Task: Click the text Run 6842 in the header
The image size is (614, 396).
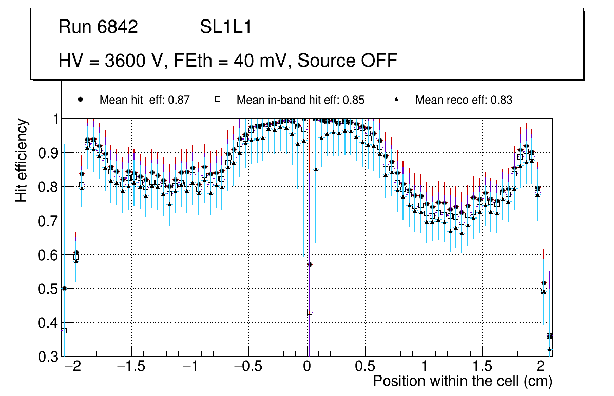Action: [x=98, y=27]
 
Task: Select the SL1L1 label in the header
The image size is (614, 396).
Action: [x=226, y=27]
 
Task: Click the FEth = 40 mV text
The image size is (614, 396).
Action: [x=232, y=61]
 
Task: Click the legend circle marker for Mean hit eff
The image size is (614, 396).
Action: [x=80, y=100]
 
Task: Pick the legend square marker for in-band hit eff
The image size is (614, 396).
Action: [x=217, y=100]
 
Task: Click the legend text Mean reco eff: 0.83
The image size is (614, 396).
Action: [x=464, y=100]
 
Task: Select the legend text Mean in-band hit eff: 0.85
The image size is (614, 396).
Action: [x=300, y=100]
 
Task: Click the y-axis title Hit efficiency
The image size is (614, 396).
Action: [x=22, y=160]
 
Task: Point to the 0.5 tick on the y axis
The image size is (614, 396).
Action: [x=50, y=289]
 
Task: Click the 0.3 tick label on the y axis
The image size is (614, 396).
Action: [x=50, y=357]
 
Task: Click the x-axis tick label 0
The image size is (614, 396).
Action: [x=307, y=367]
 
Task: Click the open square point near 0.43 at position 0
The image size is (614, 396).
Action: [x=310, y=312]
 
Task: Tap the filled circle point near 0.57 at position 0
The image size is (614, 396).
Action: [x=310, y=264]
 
